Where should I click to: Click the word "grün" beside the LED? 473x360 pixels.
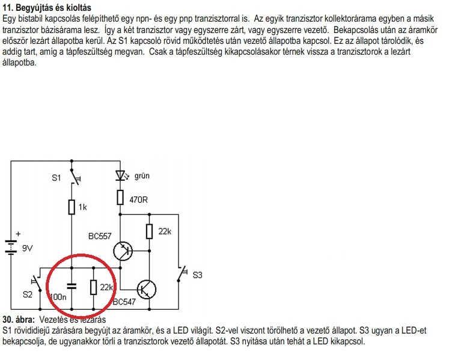click(x=142, y=176)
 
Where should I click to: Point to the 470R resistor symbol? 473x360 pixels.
click(x=120, y=197)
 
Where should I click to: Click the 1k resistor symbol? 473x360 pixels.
click(x=72, y=207)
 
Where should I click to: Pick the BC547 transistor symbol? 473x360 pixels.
click(x=145, y=288)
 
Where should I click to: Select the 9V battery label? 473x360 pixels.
click(x=27, y=247)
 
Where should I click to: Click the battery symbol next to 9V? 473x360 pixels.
click(x=11, y=246)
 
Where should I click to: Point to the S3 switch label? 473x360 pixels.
click(x=197, y=275)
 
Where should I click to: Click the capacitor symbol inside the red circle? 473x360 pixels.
click(x=72, y=285)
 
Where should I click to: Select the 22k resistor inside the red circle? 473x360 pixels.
click(x=93, y=287)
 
